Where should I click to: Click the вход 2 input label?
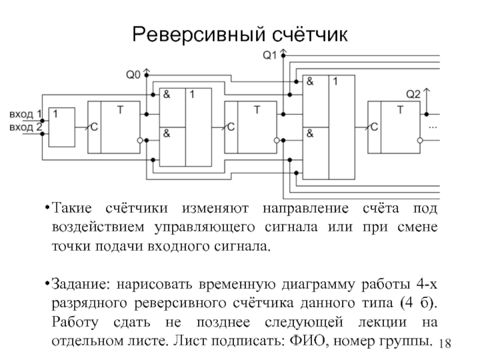[25, 127]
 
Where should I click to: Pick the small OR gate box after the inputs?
[61, 127]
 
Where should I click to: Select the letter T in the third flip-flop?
[400, 110]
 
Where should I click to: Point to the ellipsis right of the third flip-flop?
[433, 128]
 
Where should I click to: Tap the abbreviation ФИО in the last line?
[308, 343]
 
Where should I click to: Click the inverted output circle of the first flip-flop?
[140, 140]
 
